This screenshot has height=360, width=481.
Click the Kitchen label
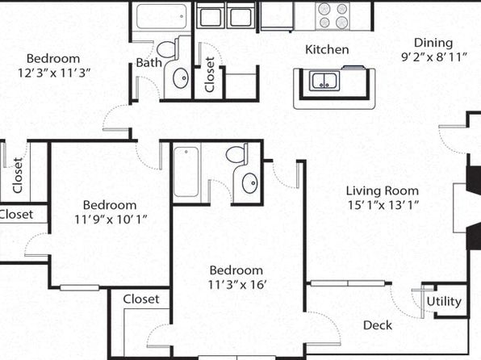coord(327,49)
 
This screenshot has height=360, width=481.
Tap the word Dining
coord(433,43)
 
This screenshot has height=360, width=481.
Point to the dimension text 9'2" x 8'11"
coord(434,57)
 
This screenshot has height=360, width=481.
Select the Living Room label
coord(383,190)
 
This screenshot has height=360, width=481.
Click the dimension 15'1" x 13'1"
coord(383,205)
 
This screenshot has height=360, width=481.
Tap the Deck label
coord(378,325)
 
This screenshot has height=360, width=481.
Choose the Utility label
coord(444,301)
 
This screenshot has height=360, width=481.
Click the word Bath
coord(148,63)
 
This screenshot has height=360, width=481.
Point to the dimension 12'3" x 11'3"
coord(54,73)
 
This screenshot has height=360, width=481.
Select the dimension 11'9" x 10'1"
coord(111,220)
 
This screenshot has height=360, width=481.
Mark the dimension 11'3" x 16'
coord(236,284)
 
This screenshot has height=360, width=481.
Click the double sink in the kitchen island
coord(324,81)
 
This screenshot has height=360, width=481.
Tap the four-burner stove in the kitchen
coord(333,15)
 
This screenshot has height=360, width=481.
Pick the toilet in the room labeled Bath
coord(169,48)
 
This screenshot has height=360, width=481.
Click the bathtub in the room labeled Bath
coord(161,16)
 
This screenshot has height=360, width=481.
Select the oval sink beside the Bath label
coord(181,78)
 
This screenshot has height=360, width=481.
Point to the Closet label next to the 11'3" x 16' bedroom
coord(141,299)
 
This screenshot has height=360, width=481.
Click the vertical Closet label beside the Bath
coord(210,74)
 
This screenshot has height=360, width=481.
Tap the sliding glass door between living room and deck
coord(348,283)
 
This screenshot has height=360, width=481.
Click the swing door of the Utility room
coord(422,303)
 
